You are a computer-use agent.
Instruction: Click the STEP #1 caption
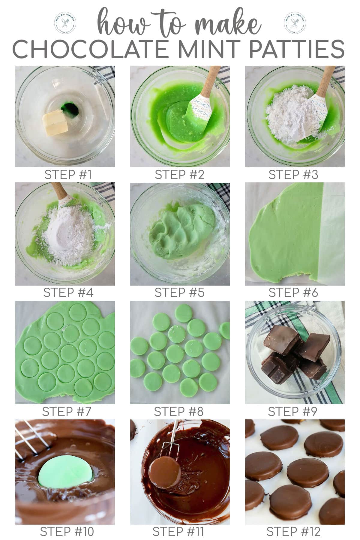click(x=68, y=175)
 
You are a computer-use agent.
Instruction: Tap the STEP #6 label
click(x=293, y=292)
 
